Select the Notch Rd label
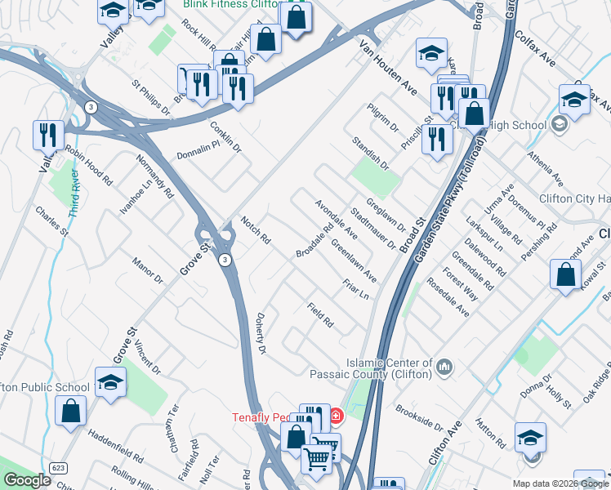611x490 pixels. [256, 231]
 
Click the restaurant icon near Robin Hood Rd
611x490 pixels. [48, 136]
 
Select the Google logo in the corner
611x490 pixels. [27, 480]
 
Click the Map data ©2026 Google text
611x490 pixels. [559, 483]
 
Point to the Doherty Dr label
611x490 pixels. [261, 334]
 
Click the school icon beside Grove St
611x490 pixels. [110, 382]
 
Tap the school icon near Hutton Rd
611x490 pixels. [530, 437]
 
